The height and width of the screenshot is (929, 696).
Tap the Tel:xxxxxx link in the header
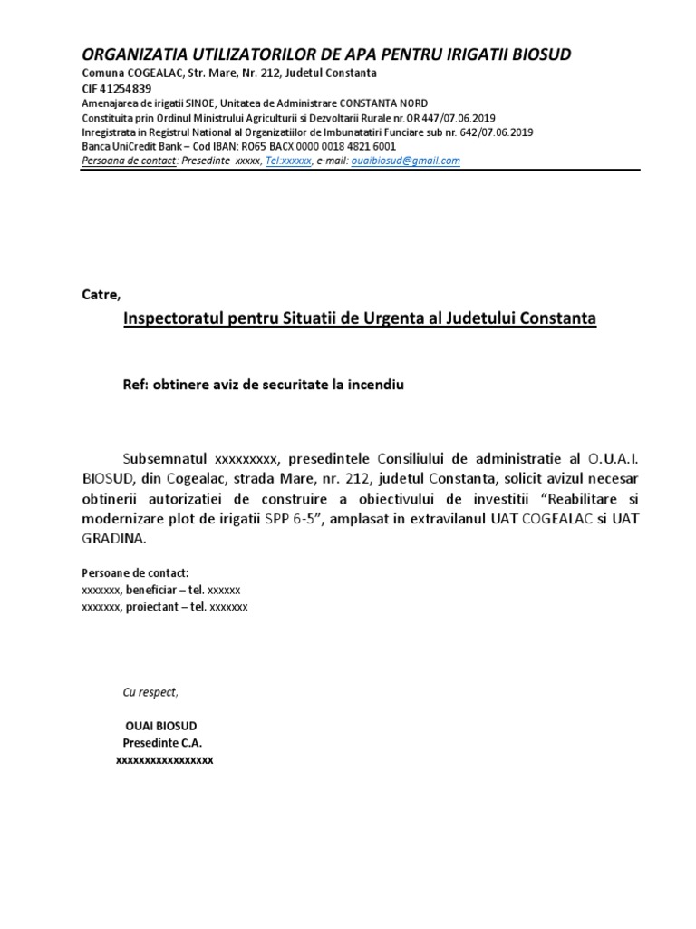click(x=288, y=161)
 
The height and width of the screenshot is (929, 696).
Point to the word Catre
click(x=101, y=295)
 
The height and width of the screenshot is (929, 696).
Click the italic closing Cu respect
click(x=150, y=692)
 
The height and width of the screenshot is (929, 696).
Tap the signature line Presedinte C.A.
click(x=156, y=743)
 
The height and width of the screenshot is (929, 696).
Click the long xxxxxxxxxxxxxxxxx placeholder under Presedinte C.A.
click(x=164, y=760)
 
